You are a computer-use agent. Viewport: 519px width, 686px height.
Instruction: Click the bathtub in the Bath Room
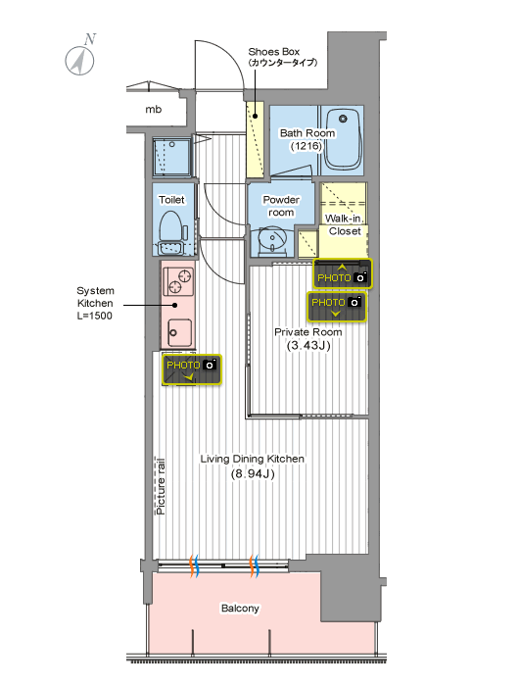(344, 139)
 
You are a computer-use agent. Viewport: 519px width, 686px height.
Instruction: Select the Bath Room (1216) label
(307, 139)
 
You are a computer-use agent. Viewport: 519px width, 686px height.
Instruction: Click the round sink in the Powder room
(271, 239)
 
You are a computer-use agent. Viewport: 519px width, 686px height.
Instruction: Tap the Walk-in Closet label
(345, 224)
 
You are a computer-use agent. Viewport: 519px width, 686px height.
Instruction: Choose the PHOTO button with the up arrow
(343, 273)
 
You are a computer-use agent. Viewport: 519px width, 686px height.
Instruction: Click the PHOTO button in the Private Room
(337, 307)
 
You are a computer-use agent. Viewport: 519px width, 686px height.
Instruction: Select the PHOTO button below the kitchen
(192, 369)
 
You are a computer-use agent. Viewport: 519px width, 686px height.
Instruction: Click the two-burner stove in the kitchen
(178, 281)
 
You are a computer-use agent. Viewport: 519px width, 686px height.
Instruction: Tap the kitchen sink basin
(180, 332)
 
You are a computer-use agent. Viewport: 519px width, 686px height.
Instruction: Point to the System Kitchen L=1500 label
(95, 303)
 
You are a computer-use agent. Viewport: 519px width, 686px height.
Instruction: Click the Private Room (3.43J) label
(308, 339)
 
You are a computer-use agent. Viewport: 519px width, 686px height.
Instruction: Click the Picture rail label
(160, 486)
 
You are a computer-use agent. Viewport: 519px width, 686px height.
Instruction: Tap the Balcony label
(240, 609)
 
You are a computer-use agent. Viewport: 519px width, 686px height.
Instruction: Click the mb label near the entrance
(154, 110)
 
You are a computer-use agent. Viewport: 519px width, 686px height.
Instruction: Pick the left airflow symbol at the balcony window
(194, 566)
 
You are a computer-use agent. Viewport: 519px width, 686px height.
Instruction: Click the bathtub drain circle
(344, 119)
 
